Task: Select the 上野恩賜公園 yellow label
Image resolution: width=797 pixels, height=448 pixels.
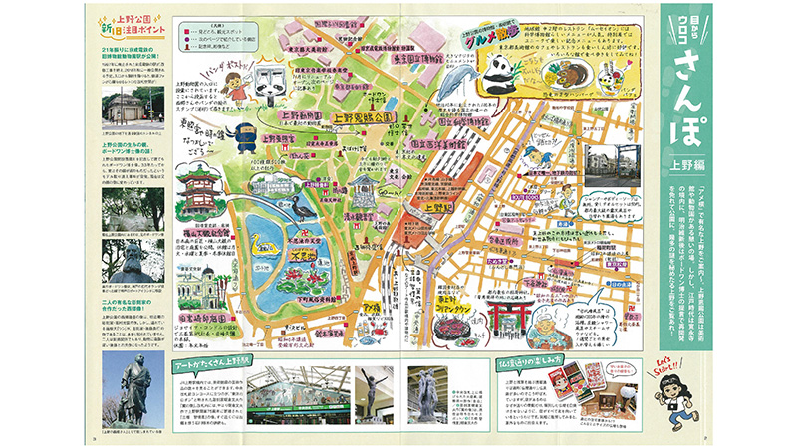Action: (x=365, y=116)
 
